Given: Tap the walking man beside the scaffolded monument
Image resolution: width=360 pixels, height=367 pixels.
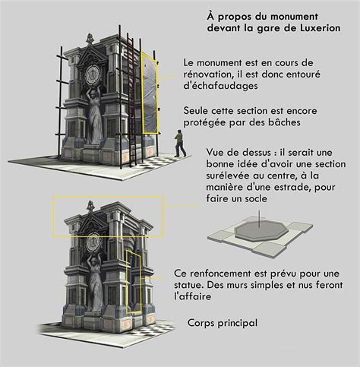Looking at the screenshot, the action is (x=180, y=144).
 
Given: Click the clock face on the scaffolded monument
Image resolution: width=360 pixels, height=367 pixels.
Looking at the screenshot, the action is (x=93, y=74).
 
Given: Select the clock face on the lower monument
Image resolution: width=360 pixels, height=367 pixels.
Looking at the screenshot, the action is (x=93, y=243).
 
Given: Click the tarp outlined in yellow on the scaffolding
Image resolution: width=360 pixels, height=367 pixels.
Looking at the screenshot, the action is (x=150, y=93).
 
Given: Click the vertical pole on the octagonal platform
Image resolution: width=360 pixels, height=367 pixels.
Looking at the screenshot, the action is (x=258, y=219).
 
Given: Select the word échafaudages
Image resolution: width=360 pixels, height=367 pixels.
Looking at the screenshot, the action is (x=221, y=86).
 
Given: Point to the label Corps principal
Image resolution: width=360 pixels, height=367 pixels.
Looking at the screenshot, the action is (x=223, y=323).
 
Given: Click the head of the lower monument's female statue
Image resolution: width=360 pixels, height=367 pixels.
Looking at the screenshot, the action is (x=93, y=261).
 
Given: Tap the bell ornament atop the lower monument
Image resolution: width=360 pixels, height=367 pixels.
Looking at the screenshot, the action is (x=90, y=206).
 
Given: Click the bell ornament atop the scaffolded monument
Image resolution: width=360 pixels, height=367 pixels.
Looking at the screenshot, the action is (x=89, y=40).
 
